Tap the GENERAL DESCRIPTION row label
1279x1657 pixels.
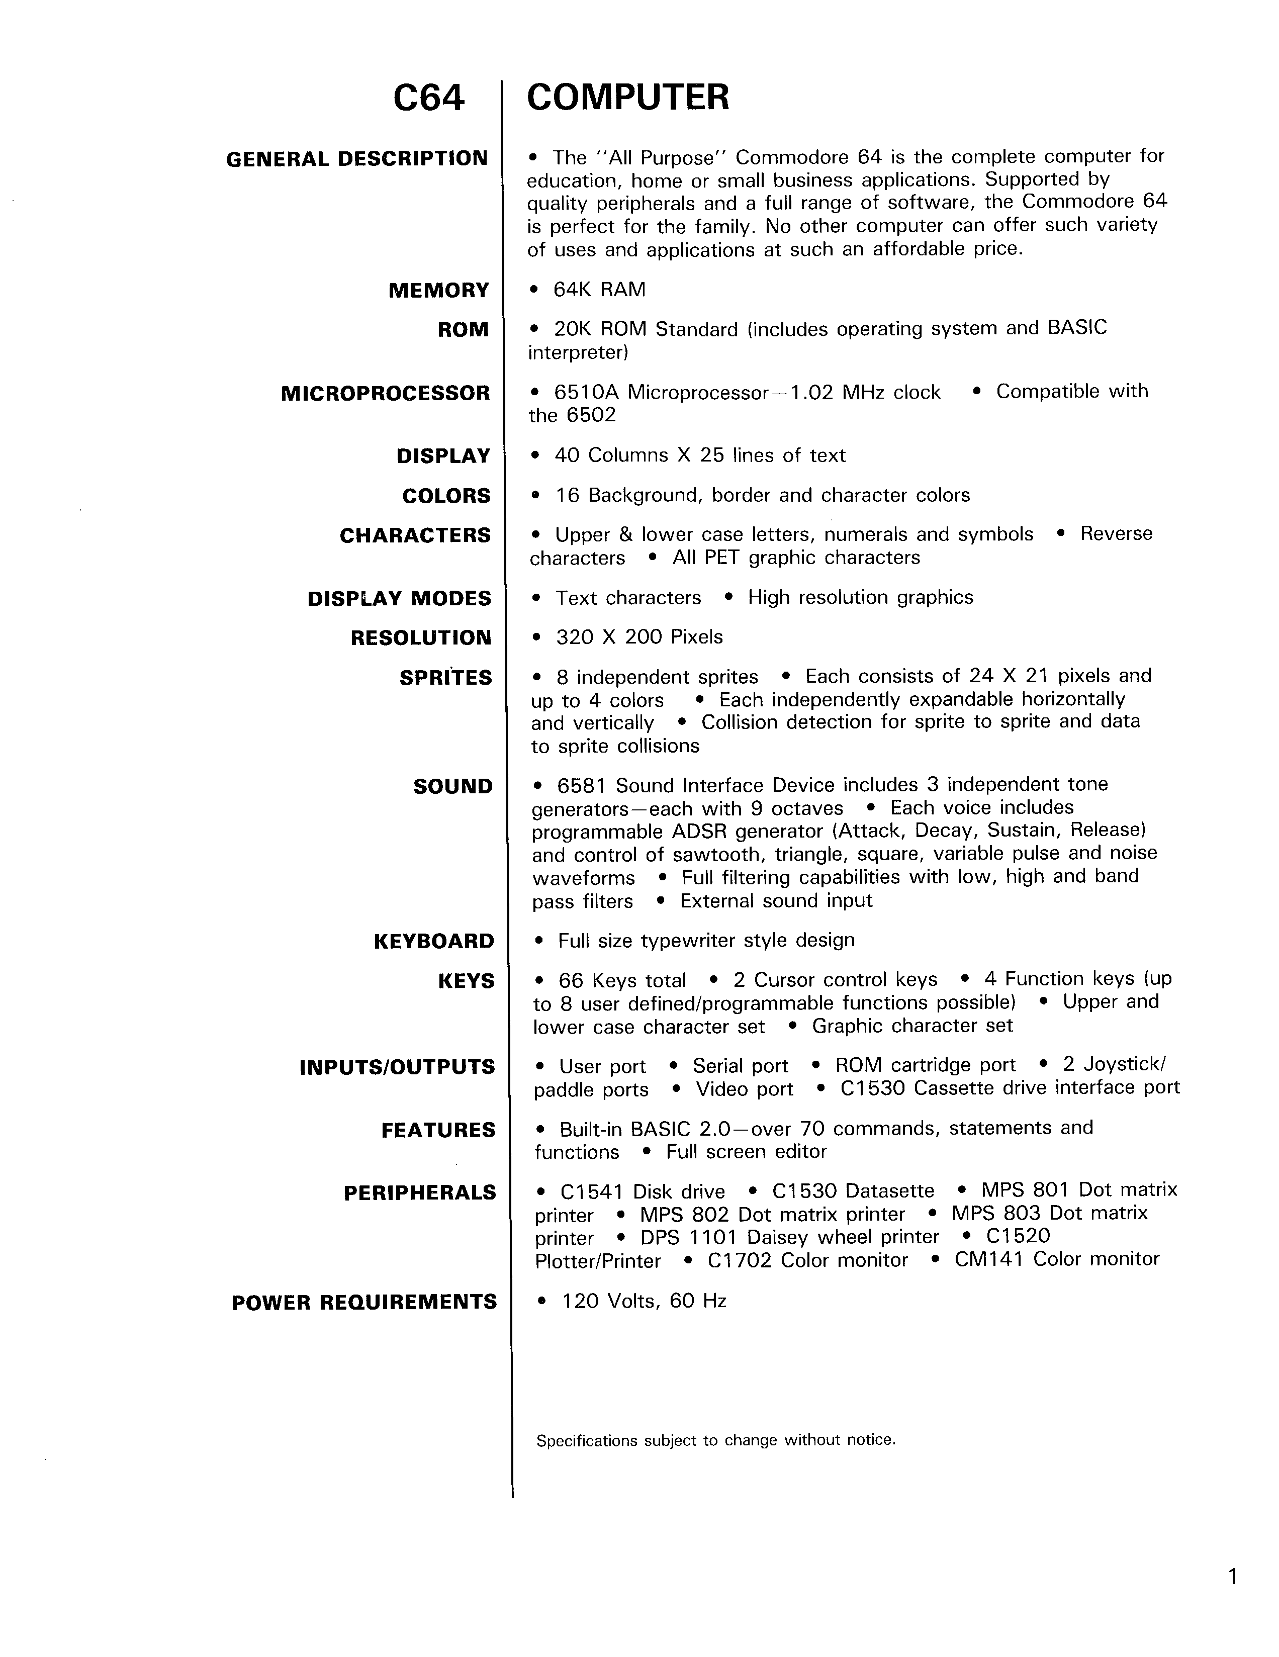click(x=356, y=159)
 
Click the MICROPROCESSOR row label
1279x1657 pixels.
click(x=386, y=394)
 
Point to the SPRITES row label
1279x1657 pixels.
click(x=445, y=678)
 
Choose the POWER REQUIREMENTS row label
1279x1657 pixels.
click(x=364, y=1303)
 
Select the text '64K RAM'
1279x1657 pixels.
click(x=599, y=290)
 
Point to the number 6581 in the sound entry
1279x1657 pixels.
click(x=581, y=785)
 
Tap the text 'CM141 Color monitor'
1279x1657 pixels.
click(x=1057, y=1259)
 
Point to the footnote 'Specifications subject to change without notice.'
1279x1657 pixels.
click(x=715, y=1440)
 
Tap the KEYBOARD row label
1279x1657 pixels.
click(x=433, y=942)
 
